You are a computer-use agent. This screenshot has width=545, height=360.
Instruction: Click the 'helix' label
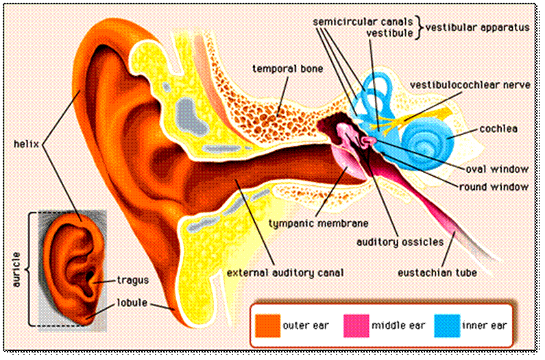coord(27,145)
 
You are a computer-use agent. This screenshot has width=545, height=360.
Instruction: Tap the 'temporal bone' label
coord(287,69)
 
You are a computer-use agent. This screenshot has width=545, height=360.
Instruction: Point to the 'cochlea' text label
coord(498,128)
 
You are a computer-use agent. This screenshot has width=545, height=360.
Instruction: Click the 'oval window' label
coord(497,169)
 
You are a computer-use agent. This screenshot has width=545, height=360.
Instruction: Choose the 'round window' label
coord(494,187)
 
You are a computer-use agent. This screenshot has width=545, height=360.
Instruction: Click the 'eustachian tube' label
coord(437,272)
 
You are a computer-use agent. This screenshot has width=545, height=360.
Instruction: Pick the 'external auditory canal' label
coord(285,272)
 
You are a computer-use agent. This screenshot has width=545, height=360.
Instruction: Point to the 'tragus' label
coord(132,280)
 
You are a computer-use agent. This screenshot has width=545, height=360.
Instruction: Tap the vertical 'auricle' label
coord(16,269)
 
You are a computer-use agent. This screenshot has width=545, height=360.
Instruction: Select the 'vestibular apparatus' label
coord(477,28)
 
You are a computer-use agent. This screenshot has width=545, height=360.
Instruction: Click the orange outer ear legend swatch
coord(267,325)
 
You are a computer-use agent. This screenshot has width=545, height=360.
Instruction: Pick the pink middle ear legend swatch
coord(356,325)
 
